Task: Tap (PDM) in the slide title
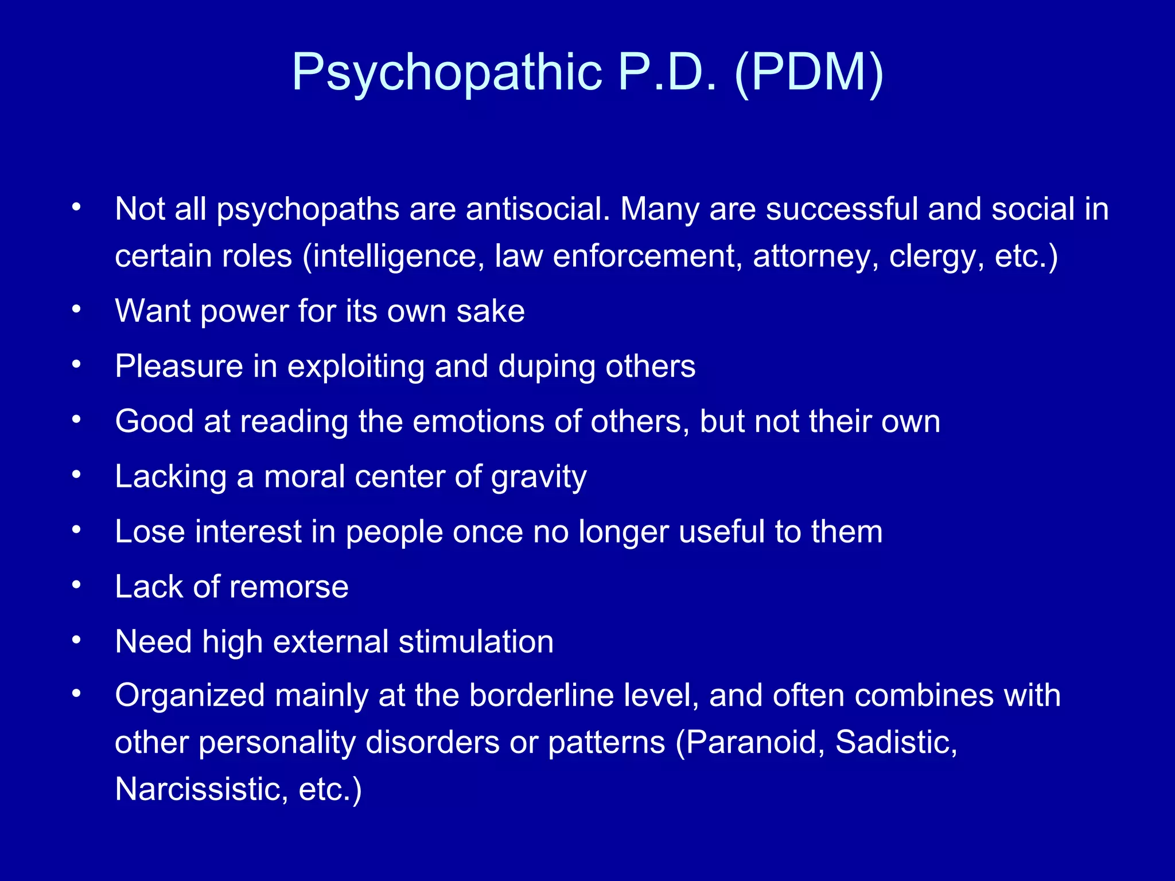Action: point(809,73)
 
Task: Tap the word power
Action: point(244,311)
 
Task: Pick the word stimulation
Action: point(476,641)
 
